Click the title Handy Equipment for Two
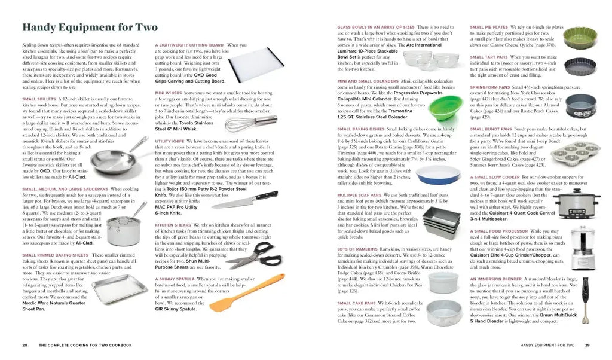coord(90,28)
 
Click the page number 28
coord(25,345)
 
